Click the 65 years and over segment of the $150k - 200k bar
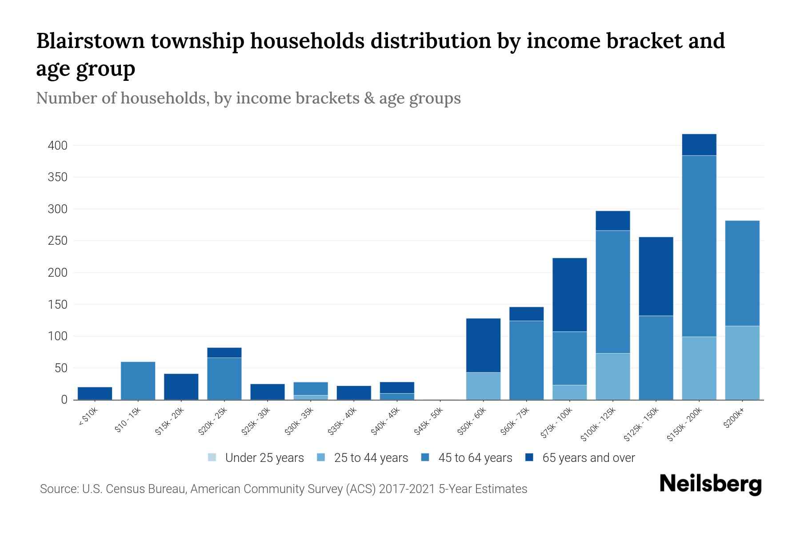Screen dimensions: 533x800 coord(699,145)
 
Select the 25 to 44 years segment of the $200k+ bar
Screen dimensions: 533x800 coord(742,363)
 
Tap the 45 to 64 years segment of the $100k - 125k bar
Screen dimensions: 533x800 coord(613,292)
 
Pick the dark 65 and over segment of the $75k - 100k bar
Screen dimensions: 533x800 coord(570,294)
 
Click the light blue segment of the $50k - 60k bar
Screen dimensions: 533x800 coord(483,386)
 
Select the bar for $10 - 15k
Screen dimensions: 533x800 coord(138,381)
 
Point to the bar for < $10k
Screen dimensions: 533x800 coord(95,394)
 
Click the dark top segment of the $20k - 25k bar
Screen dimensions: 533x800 coord(224,353)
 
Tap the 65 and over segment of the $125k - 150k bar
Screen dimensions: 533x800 coord(656,276)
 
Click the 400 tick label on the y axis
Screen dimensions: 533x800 coord(58,146)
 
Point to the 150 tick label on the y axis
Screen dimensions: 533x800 coord(58,305)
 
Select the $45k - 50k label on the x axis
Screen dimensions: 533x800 coord(428,421)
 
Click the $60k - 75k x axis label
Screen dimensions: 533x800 coord(515,421)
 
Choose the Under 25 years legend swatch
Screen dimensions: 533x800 coord(212,457)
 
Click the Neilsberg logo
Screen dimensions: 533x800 coord(710,484)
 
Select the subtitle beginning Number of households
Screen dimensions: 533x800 coord(248,98)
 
